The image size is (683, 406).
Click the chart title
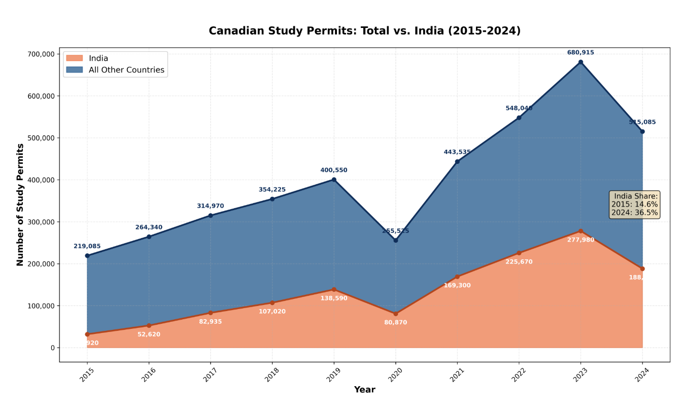point(364,31)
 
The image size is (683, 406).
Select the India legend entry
point(98,58)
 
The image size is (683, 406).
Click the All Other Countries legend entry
point(126,70)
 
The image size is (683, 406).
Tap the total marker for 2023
point(580,62)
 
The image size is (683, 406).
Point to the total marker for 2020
point(396,240)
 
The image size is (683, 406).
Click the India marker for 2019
point(334,289)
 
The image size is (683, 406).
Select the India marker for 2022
point(519,253)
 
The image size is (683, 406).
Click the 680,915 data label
point(580,52)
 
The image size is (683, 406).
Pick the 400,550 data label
point(334,170)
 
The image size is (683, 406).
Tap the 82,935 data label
point(210,322)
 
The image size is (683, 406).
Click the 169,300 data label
point(457,285)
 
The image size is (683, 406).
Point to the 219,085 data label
point(87,246)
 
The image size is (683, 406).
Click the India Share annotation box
point(634,205)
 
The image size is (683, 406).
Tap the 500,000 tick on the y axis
point(40,138)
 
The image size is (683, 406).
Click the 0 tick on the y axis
point(52,348)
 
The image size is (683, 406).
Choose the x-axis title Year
point(364,390)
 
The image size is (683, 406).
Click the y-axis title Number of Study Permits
point(20,205)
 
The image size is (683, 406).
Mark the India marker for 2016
point(149,325)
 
